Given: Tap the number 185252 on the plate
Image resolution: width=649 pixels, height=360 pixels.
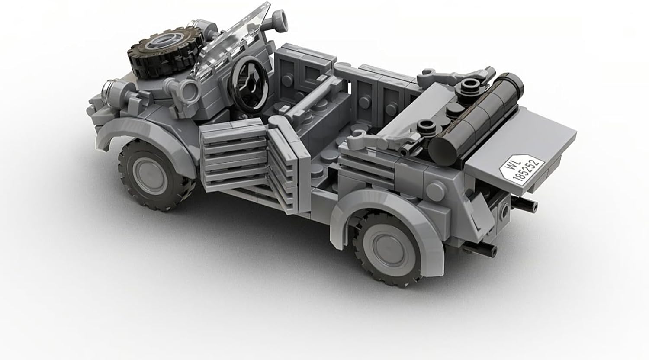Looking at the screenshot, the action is tap(527, 171).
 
